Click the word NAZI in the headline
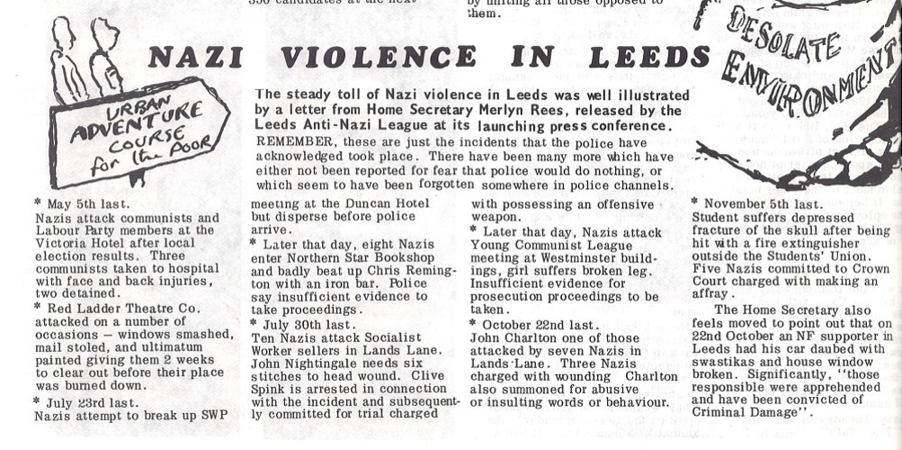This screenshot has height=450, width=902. click(x=195, y=58)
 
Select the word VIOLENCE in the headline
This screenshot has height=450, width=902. click(x=379, y=58)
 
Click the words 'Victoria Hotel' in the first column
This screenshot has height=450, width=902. click(x=80, y=243)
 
